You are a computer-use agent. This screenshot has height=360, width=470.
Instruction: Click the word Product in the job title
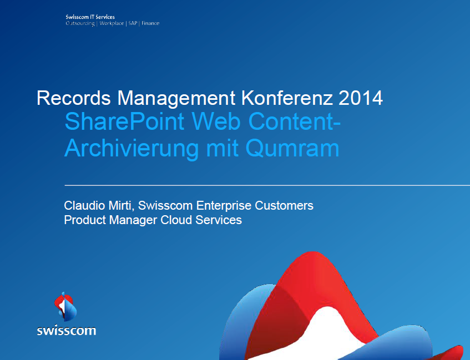(x=84, y=220)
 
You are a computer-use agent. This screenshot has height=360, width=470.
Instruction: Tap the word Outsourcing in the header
(x=80, y=24)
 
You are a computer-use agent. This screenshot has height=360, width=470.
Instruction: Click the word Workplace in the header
(x=112, y=24)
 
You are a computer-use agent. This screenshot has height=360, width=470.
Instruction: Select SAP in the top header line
(x=133, y=24)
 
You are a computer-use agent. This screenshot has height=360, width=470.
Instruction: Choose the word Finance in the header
(x=150, y=24)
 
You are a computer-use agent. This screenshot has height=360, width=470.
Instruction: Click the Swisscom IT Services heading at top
(x=90, y=18)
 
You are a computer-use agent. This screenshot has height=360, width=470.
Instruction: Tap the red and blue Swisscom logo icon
(x=65, y=306)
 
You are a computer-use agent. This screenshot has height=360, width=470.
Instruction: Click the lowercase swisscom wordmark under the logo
(x=66, y=331)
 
